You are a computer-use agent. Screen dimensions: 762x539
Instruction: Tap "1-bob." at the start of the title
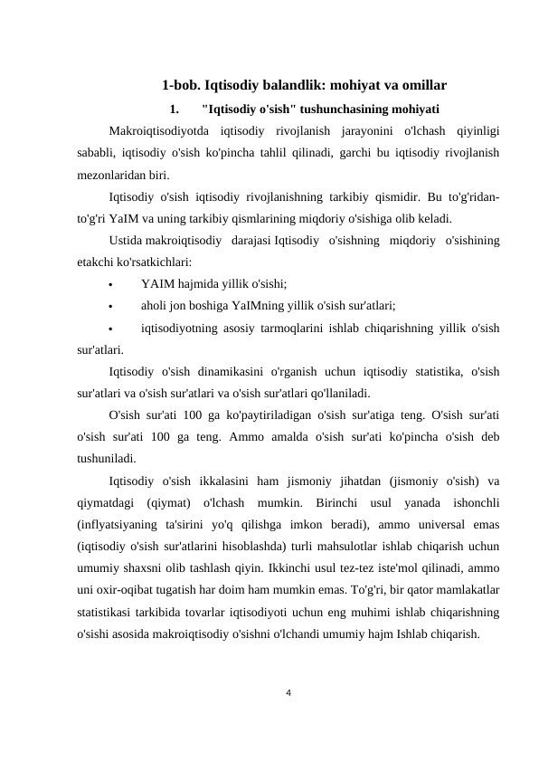[x=181, y=87]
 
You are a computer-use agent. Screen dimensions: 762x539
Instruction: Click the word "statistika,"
[x=420, y=373]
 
